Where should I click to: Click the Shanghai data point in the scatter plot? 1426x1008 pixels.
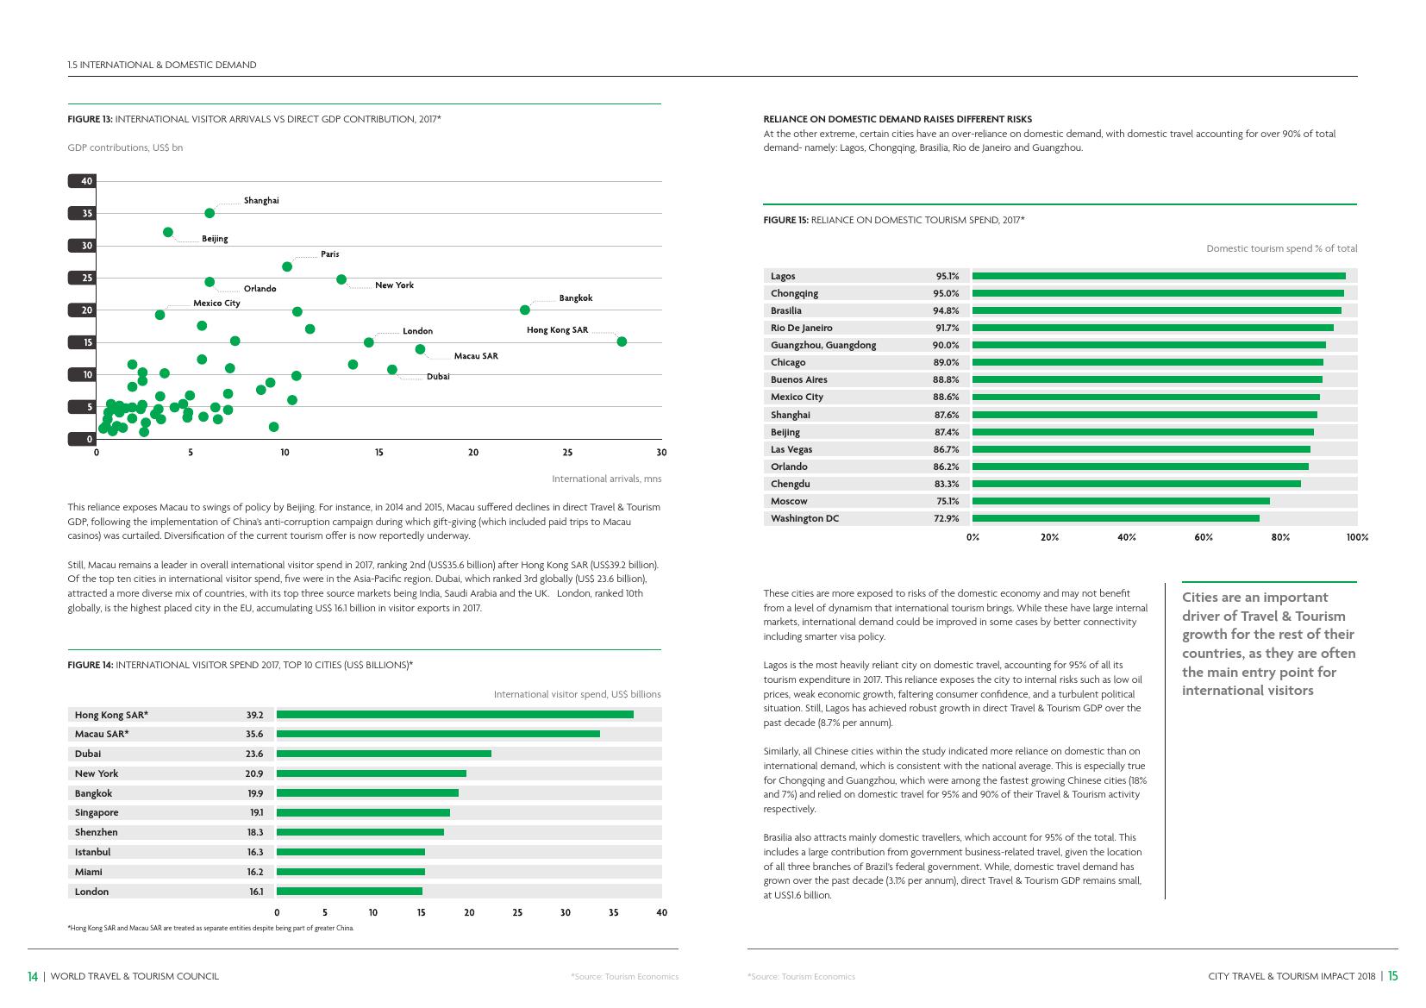coord(210,213)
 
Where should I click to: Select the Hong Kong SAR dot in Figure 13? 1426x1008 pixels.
coord(622,341)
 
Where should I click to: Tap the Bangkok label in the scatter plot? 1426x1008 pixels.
coord(575,298)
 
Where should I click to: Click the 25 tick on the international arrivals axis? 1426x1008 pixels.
coord(567,453)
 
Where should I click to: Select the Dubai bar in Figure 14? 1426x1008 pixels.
coord(384,754)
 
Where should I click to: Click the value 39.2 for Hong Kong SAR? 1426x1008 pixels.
coord(254,715)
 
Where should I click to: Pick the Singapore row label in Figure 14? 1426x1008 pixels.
coord(97,812)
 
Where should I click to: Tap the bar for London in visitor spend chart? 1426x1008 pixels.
coord(349,892)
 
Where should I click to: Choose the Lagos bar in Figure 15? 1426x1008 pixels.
coord(1158,276)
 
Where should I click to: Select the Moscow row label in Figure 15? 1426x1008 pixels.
coord(789,501)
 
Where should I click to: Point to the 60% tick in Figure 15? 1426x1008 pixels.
coord(1204,537)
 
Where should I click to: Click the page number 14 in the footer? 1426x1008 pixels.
coord(33,976)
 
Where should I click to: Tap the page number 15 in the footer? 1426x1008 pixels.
coord(1392,976)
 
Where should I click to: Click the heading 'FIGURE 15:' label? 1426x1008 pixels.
coord(785,220)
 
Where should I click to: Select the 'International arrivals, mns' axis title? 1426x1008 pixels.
coord(606,479)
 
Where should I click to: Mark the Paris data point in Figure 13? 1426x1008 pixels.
coord(287,266)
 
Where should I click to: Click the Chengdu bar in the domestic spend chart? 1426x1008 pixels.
coord(1135,484)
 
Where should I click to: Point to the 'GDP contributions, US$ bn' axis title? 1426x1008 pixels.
coord(125,147)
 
